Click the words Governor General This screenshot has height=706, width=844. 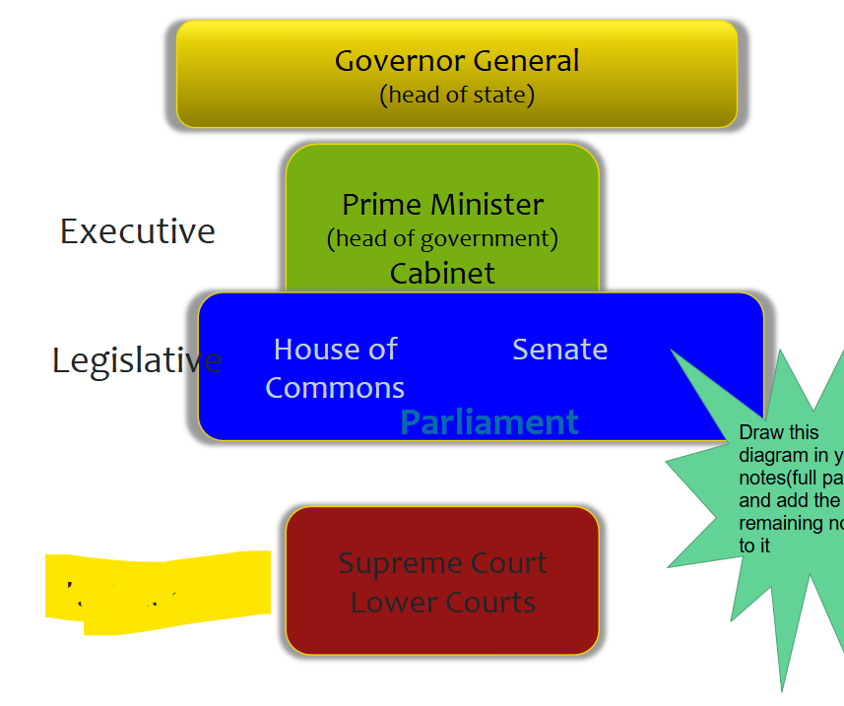tap(457, 61)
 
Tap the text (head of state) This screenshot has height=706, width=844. tap(457, 96)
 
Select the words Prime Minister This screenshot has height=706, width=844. tap(442, 205)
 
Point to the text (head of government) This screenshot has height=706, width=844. tap(442, 238)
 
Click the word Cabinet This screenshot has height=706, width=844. tap(442, 273)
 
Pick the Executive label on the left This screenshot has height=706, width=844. tap(138, 231)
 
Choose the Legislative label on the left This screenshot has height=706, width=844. tap(136, 360)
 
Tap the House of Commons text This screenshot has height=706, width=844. tap(335, 368)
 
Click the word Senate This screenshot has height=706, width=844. tap(559, 350)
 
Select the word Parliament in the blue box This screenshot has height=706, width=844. tap(489, 422)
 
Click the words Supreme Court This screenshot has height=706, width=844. tap(442, 563)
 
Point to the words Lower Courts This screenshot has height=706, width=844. tap(442, 602)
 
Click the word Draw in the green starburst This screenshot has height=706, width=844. tap(760, 433)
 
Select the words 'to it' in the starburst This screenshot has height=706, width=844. tap(753, 545)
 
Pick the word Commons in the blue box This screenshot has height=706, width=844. tap(335, 388)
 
